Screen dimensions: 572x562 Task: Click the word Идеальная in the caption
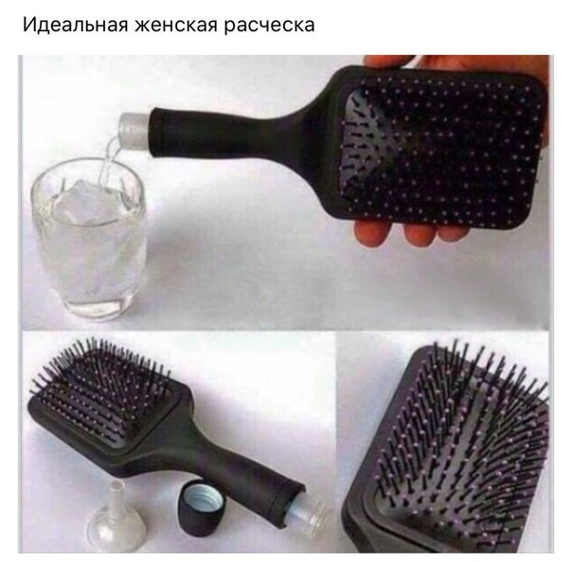click(75, 26)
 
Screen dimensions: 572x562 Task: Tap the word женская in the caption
click(176, 26)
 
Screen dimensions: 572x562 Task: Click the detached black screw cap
click(202, 507)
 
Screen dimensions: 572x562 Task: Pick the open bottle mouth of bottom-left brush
click(308, 517)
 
